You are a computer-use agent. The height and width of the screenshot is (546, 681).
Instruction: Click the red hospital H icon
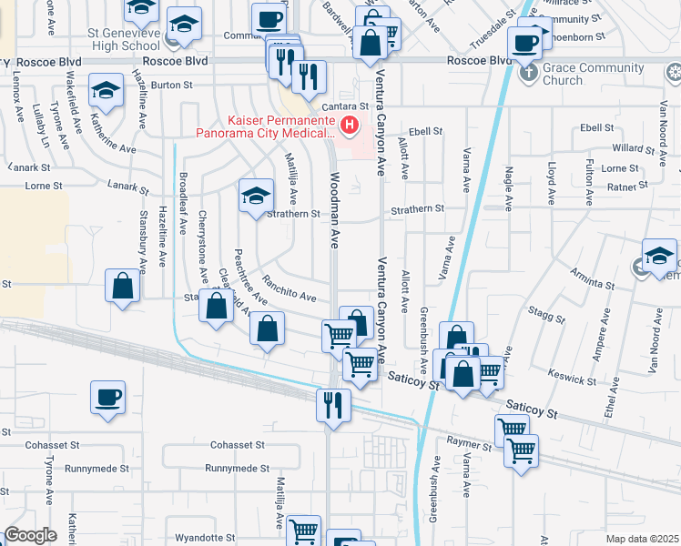(347, 124)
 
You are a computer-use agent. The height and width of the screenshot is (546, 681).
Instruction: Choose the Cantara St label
(358, 106)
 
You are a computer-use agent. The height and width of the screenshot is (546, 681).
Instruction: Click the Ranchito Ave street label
(289, 289)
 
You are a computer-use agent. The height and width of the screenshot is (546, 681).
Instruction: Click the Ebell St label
(425, 131)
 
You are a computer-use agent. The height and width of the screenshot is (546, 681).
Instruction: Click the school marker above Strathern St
(256, 196)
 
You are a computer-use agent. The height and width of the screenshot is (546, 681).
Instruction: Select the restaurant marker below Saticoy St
(333, 403)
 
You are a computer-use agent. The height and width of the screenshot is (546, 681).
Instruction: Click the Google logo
(30, 535)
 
